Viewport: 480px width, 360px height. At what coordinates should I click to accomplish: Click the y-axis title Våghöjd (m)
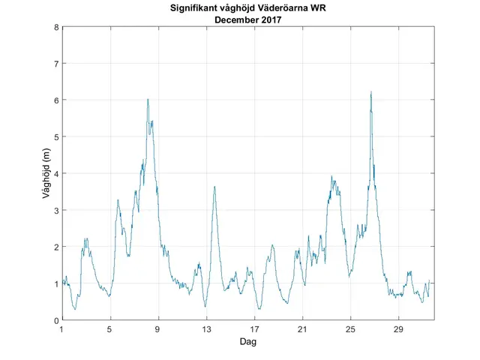click(x=46, y=173)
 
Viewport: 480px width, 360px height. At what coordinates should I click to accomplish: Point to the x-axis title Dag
click(x=247, y=341)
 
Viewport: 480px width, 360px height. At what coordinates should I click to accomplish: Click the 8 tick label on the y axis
click(x=55, y=27)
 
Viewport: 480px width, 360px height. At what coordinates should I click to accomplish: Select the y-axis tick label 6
click(x=55, y=100)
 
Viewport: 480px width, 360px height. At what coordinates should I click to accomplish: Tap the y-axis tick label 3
click(x=55, y=210)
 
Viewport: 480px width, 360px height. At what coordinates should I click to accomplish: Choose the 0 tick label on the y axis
click(x=55, y=320)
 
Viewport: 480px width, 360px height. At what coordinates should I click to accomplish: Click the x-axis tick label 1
click(x=61, y=329)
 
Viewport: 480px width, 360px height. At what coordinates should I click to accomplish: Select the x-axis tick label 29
click(x=399, y=329)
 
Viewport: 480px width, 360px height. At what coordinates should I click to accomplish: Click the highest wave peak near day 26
click(x=370, y=92)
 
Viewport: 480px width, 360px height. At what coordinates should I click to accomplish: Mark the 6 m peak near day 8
click(x=148, y=99)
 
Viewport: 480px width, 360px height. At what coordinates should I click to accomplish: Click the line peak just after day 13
click(x=214, y=187)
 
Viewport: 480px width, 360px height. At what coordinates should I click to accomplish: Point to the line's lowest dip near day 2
click(x=75, y=309)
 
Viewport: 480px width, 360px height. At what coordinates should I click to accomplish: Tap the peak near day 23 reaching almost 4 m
click(x=332, y=177)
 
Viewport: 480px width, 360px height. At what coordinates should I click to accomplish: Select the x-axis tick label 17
click(x=254, y=329)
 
